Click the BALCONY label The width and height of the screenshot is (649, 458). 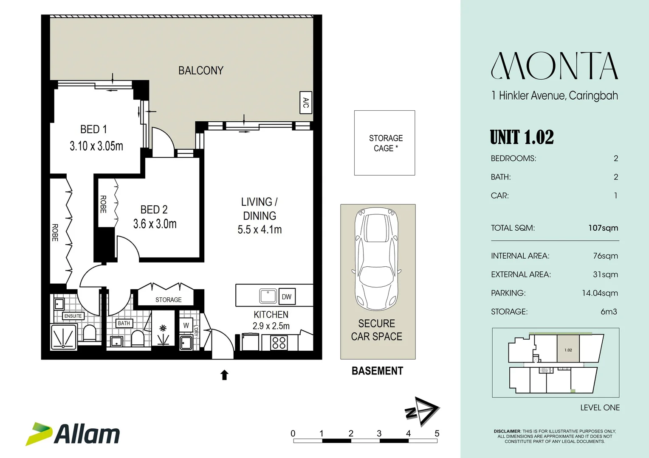[201, 70]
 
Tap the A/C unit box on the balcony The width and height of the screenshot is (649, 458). [306, 103]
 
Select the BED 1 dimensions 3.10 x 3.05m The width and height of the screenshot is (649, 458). [96, 146]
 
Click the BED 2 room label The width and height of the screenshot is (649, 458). [154, 209]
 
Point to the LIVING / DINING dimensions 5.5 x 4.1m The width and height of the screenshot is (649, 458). [260, 229]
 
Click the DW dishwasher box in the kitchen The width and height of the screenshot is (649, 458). [287, 296]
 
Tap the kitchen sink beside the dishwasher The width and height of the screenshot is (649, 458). [268, 296]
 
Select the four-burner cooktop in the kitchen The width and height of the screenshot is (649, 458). [279, 343]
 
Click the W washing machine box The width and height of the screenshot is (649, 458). [186, 325]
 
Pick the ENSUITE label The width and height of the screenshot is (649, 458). [73, 316]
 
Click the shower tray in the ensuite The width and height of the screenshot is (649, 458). [64, 337]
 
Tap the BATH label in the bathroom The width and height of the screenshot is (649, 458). [124, 323]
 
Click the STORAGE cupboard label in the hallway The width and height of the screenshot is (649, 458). [168, 300]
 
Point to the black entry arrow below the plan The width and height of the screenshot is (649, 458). [224, 375]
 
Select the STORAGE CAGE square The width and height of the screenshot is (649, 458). [384, 143]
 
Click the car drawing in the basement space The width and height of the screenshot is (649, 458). [376, 259]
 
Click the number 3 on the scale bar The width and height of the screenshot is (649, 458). [379, 433]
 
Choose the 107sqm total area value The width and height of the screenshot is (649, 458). [603, 228]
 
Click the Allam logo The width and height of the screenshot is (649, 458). [73, 434]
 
